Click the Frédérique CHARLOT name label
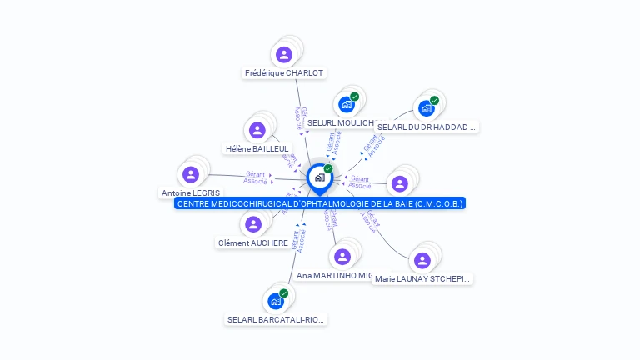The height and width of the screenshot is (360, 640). click(x=283, y=73)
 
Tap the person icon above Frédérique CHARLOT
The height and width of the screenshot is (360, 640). click(x=284, y=55)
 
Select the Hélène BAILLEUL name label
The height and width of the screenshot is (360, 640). click(x=257, y=149)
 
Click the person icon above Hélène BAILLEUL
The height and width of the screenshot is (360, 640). click(x=257, y=130)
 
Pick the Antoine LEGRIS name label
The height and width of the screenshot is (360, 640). click(x=191, y=193)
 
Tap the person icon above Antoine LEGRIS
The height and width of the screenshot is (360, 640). click(x=191, y=174)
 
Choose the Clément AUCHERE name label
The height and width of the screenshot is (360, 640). click(x=253, y=243)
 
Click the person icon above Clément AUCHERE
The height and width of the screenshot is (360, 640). click(x=253, y=224)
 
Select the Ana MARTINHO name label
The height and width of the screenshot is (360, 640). click(x=334, y=275)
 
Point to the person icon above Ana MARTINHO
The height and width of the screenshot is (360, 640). click(x=342, y=256)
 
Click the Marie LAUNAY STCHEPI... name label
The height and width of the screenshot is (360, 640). click(x=422, y=279)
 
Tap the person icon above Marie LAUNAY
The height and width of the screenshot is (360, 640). click(x=422, y=260)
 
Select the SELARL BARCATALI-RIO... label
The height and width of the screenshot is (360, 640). click(x=277, y=319)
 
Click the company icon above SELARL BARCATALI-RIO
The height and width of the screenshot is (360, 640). click(x=276, y=301)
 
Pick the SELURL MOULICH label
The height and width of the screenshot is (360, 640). click(x=339, y=123)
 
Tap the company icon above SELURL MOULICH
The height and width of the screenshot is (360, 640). click(x=347, y=105)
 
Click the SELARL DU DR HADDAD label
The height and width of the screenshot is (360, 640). click(x=427, y=127)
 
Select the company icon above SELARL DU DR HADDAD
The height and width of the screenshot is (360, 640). click(x=427, y=108)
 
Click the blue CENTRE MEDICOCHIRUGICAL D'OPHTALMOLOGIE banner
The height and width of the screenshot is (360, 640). click(x=320, y=203)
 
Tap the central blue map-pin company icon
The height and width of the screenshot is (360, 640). click(x=319, y=177)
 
